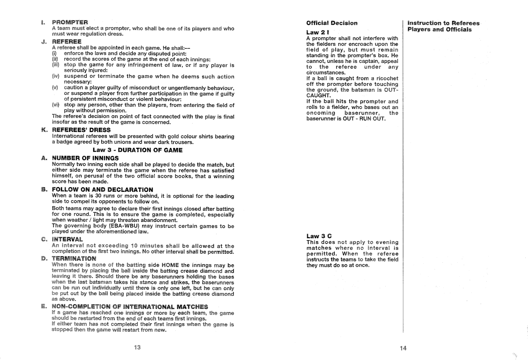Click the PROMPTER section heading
[x=70, y=22]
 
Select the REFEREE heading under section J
[x=67, y=42]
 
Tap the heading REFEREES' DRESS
[x=81, y=130]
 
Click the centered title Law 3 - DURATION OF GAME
[x=138, y=150]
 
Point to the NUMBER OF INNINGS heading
[x=85, y=158]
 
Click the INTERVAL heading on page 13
[x=67, y=239]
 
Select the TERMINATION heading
[x=74, y=259]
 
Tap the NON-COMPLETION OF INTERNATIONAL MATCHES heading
[x=130, y=306]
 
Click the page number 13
[x=137, y=347]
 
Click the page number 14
[x=403, y=348]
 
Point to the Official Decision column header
[x=332, y=23]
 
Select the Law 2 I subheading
[x=318, y=32]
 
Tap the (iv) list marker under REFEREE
[x=56, y=76]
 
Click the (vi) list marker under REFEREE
[x=56, y=105]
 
